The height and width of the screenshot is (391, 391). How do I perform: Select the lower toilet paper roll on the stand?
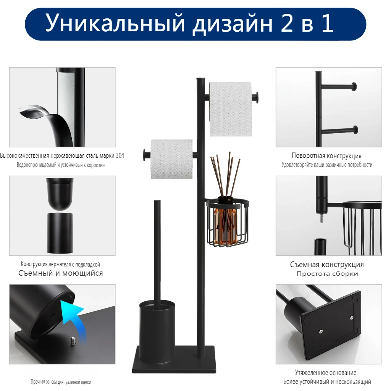171,159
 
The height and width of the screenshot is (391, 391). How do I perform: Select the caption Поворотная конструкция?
326,156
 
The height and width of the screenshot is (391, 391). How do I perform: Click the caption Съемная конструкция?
326,265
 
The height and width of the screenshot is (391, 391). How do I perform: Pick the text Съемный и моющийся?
61,273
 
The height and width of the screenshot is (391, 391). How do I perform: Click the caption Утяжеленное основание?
325,373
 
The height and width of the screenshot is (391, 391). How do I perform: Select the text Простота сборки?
327,274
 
